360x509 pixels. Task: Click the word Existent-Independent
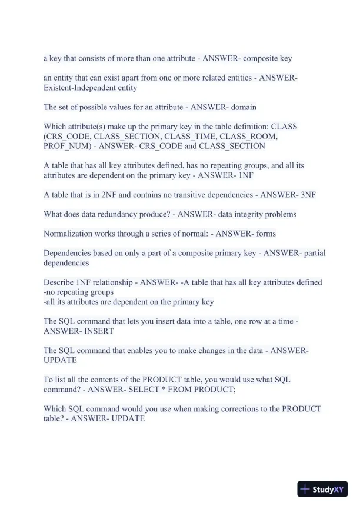pos(80,88)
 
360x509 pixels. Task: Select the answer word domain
pos(244,107)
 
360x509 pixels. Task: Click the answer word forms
pos(266,234)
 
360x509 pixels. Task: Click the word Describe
pos(60,282)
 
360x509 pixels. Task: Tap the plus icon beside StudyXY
pos(305,489)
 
